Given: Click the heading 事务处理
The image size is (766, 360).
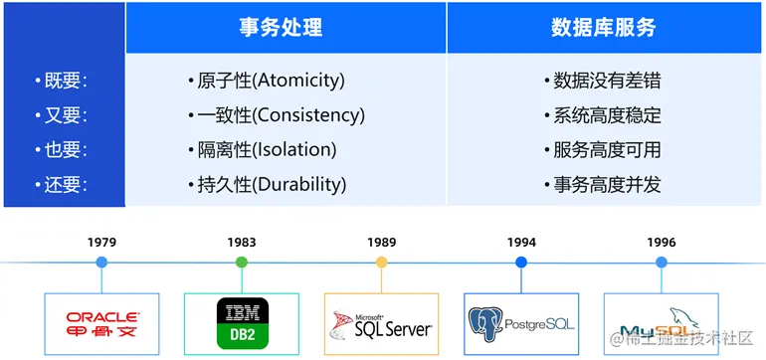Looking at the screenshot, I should point(281,28).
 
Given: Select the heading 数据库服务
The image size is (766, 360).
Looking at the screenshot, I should point(604,28).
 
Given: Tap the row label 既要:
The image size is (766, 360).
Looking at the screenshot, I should point(62,81).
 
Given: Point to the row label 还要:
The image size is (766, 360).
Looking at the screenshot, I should point(62,184).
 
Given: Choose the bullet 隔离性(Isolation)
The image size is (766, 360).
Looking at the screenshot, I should point(262,149).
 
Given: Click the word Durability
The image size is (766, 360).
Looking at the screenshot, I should point(297,184).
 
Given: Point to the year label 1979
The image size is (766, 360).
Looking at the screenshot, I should point(101,242).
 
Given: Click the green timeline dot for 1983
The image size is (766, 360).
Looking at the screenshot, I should point(242,263).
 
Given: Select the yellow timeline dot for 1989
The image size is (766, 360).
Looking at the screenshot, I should point(382,263).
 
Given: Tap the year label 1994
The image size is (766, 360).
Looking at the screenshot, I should point(521,242).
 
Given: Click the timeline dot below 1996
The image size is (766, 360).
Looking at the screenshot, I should point(662,263).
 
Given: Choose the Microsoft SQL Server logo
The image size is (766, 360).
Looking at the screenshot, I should point(382,321).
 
